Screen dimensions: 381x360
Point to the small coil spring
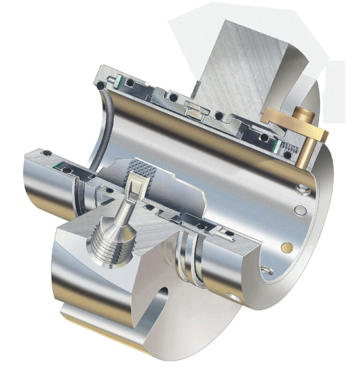[x=292, y=149]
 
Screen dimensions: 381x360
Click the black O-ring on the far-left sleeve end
[x=46, y=153]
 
